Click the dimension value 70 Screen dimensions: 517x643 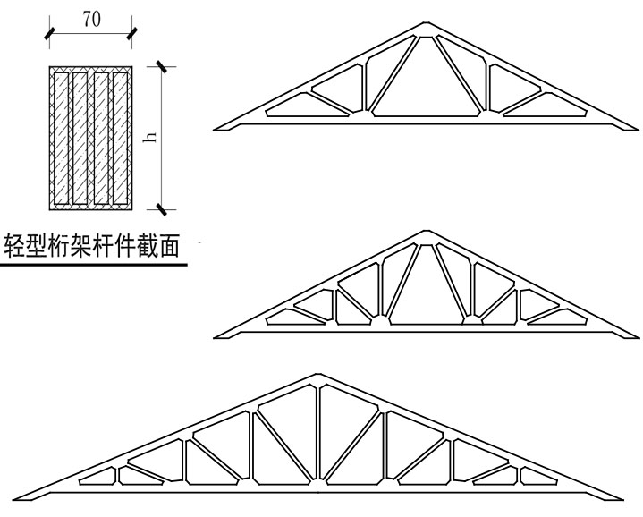click(x=90, y=20)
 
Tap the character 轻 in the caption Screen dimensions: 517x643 click(x=16, y=244)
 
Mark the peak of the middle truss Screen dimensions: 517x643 click(x=426, y=232)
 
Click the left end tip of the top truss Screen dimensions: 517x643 click(x=215, y=129)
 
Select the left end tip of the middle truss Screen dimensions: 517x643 click(x=216, y=335)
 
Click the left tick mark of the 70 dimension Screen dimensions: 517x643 click(x=49, y=34)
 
